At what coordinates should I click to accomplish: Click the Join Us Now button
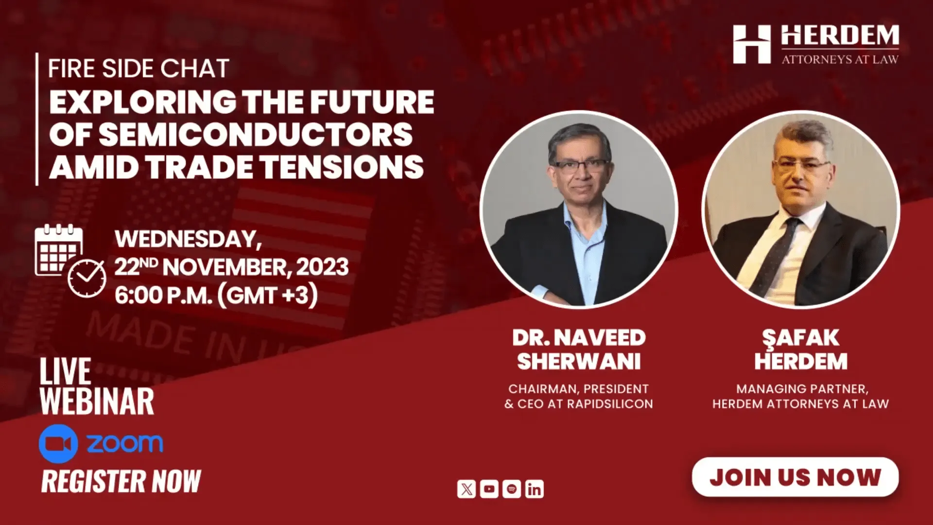tap(795, 477)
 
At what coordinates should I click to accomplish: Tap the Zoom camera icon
tap(58, 443)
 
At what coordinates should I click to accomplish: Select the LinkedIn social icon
tap(534, 489)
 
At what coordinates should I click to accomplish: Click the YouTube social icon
tap(489, 489)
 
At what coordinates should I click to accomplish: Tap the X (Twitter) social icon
tap(466, 489)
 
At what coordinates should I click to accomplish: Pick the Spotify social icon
tap(512, 489)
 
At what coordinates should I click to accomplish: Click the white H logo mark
tap(752, 45)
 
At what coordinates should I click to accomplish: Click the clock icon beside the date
tap(87, 278)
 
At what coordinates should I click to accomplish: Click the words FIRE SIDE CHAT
tap(138, 69)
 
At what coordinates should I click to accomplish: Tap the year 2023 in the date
tap(322, 267)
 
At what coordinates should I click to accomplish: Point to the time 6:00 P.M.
tap(163, 296)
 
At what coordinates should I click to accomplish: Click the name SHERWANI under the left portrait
tap(579, 362)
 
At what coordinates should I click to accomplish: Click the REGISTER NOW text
tap(121, 481)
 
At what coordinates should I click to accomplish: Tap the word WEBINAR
tap(97, 402)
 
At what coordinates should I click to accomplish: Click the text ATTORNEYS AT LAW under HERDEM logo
tap(840, 59)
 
